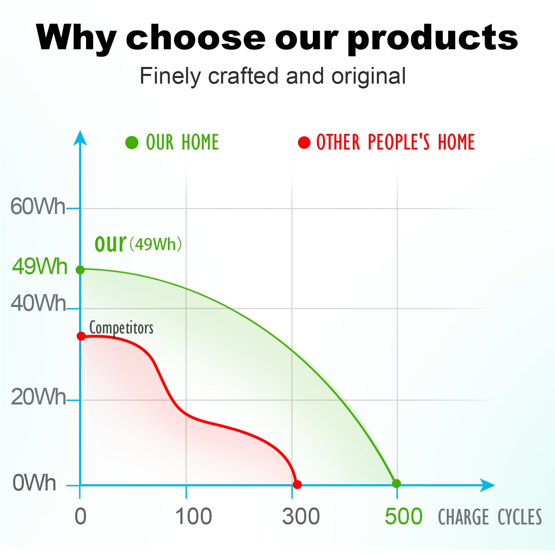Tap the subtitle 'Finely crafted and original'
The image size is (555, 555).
click(273, 76)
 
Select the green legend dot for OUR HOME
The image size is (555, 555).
click(132, 142)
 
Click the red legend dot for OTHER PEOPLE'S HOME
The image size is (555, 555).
click(304, 142)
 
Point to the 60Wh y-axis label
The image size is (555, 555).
click(38, 206)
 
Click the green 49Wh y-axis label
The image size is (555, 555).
click(40, 266)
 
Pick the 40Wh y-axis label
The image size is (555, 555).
click(38, 303)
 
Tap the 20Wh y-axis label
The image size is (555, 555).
click(38, 396)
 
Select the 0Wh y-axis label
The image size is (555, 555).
click(34, 483)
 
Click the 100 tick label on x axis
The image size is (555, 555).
click(193, 516)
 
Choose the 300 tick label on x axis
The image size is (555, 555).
click(301, 516)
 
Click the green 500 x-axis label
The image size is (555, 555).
click(403, 516)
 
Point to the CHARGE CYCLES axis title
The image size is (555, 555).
click(490, 517)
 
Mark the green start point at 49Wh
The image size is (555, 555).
click(80, 270)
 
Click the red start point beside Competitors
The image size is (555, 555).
click(81, 336)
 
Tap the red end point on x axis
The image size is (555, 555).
click(297, 485)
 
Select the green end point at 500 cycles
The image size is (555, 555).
click(396, 483)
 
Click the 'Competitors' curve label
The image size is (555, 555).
click(121, 328)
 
